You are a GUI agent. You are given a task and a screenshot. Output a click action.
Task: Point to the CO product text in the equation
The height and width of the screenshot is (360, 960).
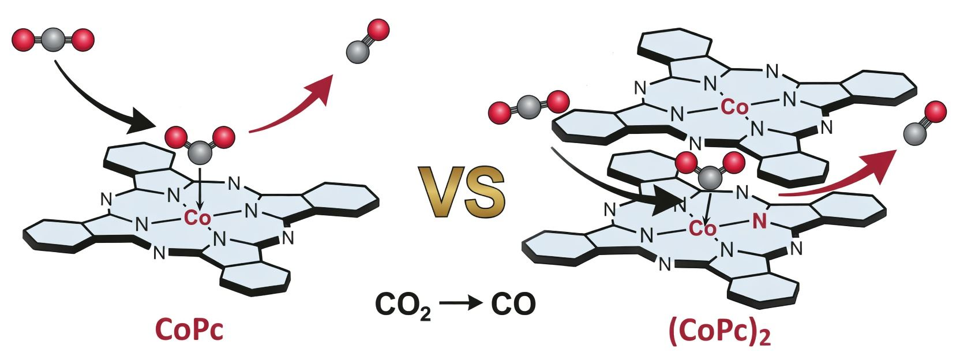click(x=513, y=304)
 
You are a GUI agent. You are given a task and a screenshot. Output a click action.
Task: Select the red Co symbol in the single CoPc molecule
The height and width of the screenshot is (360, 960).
click(x=198, y=217)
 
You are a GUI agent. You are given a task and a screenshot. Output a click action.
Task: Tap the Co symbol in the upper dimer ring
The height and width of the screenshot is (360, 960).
click(x=734, y=107)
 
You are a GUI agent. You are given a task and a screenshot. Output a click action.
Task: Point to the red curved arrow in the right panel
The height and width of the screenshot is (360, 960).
click(x=837, y=176)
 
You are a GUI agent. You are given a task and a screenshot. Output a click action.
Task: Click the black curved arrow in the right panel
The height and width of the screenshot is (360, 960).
click(x=612, y=182)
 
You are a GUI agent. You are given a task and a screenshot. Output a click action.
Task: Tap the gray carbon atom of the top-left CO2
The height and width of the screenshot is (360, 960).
click(x=52, y=39)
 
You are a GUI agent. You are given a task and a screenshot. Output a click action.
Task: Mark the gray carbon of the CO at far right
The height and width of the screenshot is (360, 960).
click(x=913, y=134)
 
